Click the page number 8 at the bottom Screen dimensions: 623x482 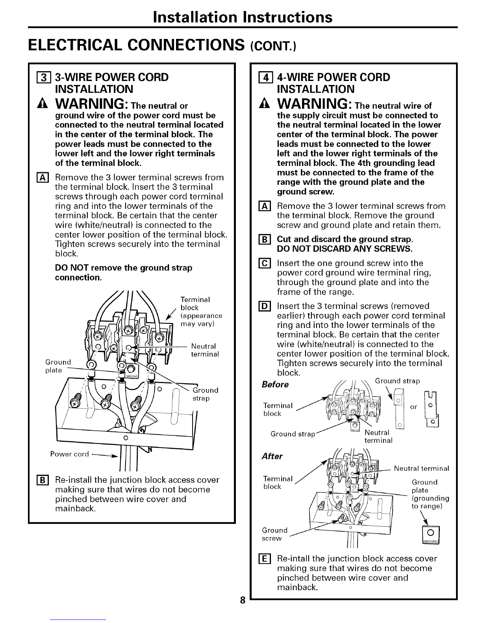pos(243,600)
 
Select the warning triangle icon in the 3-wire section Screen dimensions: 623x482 pos(39,104)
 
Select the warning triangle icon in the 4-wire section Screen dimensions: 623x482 pos(261,104)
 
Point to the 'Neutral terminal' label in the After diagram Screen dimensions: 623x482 pos(421,468)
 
